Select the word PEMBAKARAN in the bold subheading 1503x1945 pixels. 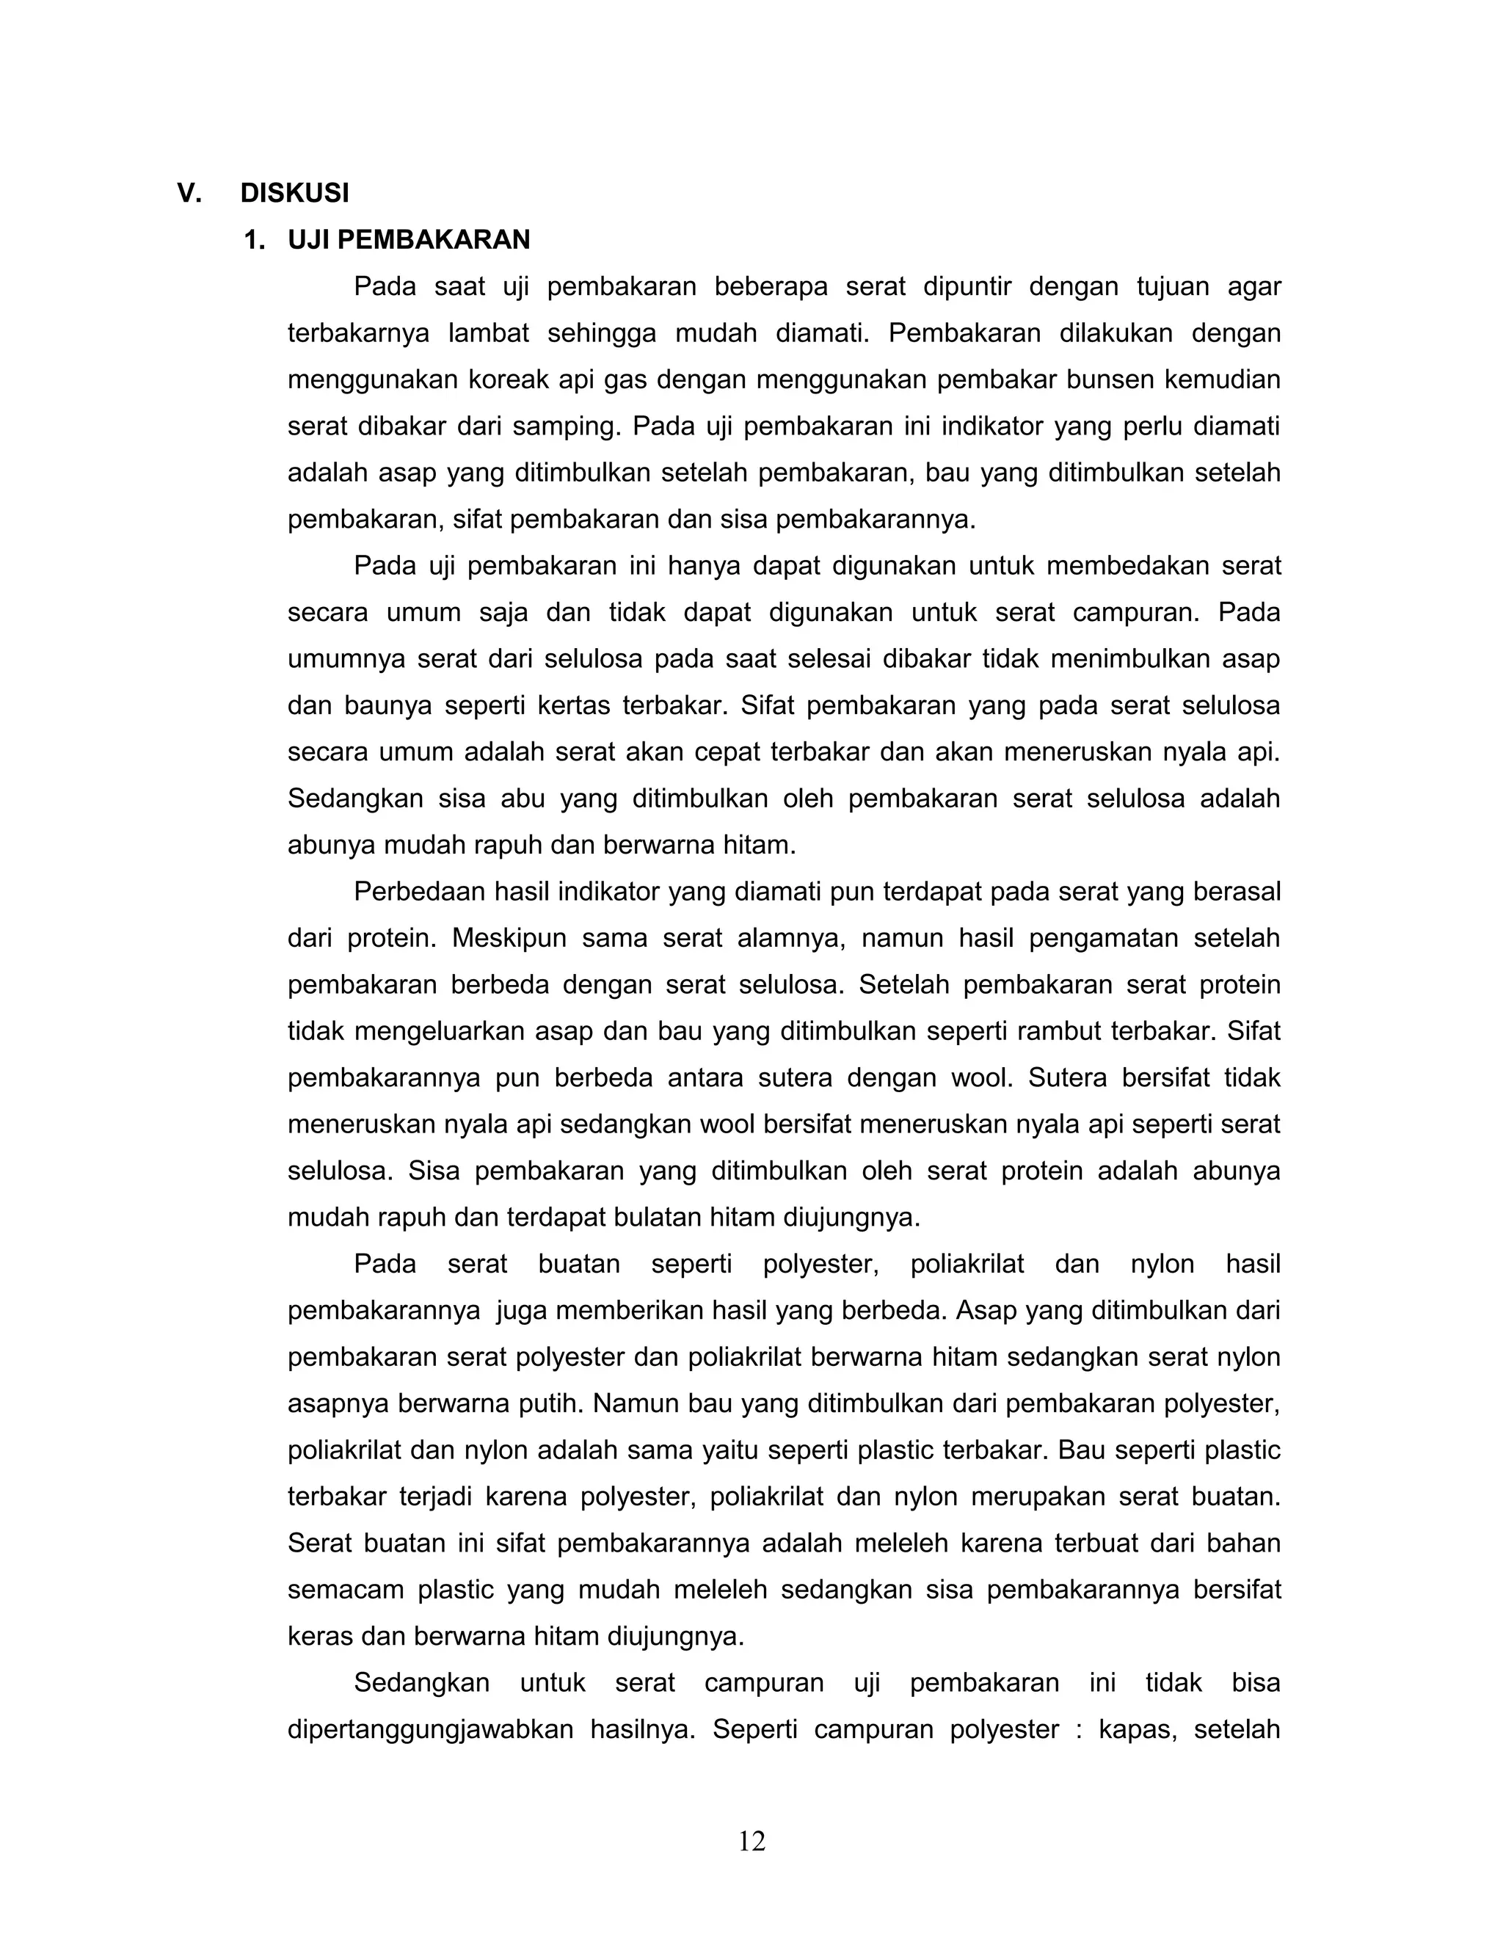point(434,239)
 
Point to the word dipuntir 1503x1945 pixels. point(967,287)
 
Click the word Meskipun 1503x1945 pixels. point(509,938)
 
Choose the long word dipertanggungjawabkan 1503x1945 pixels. point(430,1729)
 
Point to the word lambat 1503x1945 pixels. point(488,333)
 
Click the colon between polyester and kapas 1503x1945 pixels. point(1079,1729)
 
